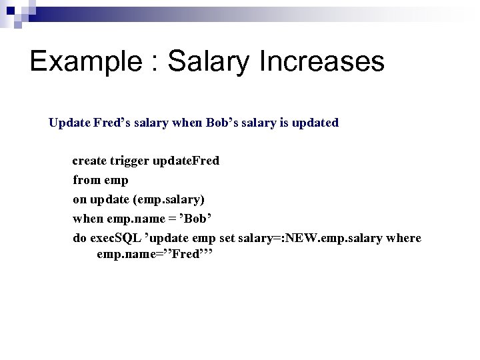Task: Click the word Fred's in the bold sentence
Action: coord(114,123)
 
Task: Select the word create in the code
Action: coord(89,161)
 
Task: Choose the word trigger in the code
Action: coord(129,161)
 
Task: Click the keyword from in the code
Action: coord(85,180)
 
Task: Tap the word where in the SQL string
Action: coord(406,238)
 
